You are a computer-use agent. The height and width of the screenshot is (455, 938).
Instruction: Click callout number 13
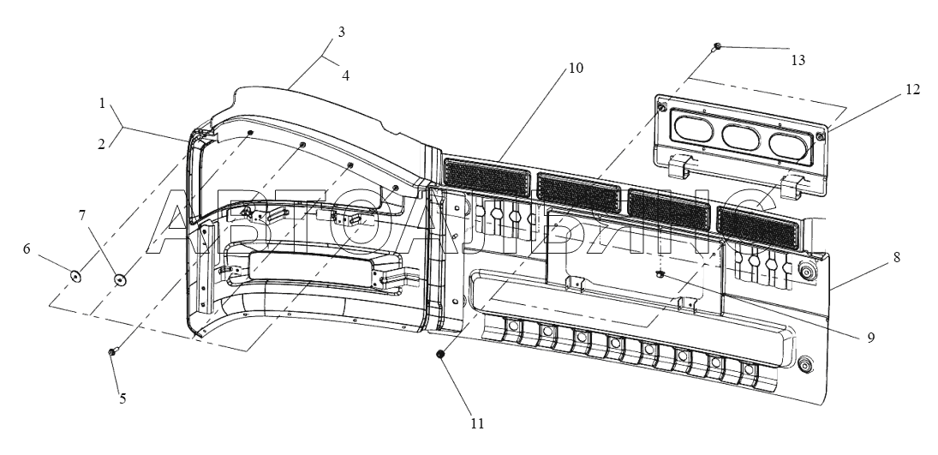point(798,60)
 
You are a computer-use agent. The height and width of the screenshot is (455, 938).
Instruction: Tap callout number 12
point(912,90)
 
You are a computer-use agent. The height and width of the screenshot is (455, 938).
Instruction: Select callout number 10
point(575,68)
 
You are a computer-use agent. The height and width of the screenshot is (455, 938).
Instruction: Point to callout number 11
point(477,423)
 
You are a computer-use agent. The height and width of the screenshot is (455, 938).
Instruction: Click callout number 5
point(122,398)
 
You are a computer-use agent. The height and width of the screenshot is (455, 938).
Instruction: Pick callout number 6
point(27,248)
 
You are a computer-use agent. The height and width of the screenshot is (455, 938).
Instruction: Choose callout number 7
point(82,216)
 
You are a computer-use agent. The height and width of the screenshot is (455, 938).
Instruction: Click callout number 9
point(871,337)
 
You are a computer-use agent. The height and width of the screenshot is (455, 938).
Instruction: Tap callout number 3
point(342,32)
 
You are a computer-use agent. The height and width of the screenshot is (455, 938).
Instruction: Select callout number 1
point(102,103)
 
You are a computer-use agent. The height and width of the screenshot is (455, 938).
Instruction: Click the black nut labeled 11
point(440,355)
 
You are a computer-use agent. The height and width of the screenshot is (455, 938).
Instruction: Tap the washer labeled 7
point(120,278)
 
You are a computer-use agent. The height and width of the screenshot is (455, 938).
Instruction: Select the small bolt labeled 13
point(717,46)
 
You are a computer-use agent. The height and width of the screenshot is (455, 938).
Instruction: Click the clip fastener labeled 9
point(661,273)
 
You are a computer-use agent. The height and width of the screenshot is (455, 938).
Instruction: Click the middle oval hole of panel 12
point(741,136)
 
